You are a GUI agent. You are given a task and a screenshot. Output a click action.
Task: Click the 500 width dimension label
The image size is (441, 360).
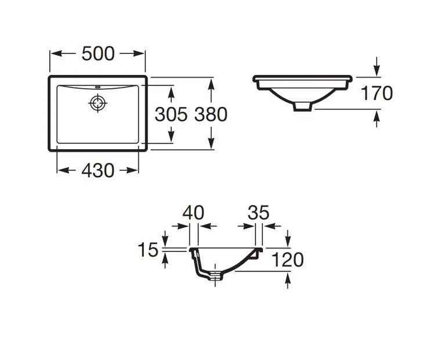click(98, 53)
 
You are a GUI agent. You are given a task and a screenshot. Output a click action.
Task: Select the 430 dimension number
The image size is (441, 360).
click(98, 170)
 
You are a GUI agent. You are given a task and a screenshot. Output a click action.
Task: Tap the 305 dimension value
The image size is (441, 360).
click(171, 114)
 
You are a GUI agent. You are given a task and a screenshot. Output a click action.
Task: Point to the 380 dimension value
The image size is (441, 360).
click(211, 114)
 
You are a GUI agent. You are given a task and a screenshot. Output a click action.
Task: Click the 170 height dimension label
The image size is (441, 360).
click(377, 93)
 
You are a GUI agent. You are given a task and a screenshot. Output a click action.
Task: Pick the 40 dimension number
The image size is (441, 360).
click(193, 213)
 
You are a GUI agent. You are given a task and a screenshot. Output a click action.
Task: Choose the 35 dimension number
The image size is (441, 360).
click(258, 213)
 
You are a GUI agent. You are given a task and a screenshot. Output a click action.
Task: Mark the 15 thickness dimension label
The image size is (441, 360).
click(148, 250)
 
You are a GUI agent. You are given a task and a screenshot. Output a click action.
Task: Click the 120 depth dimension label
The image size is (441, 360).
click(288, 260)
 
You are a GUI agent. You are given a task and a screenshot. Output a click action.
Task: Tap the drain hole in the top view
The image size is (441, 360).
click(98, 103)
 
